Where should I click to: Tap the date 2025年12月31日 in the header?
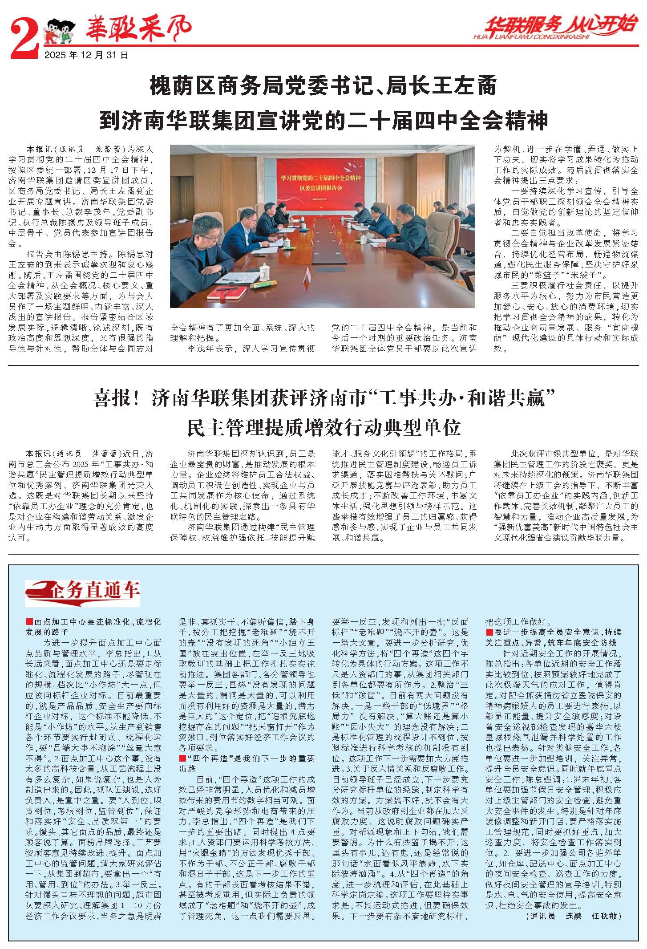coord(86,55)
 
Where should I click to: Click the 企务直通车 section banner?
coord(83,592)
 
